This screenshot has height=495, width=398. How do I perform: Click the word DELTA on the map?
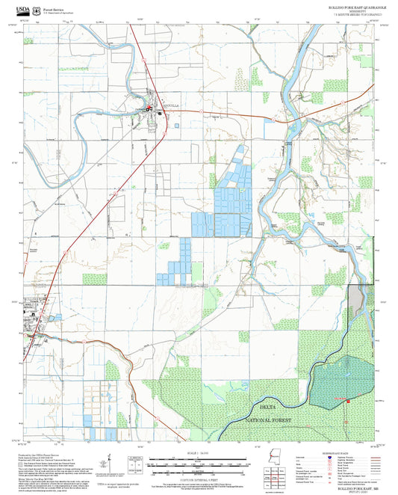267,406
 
